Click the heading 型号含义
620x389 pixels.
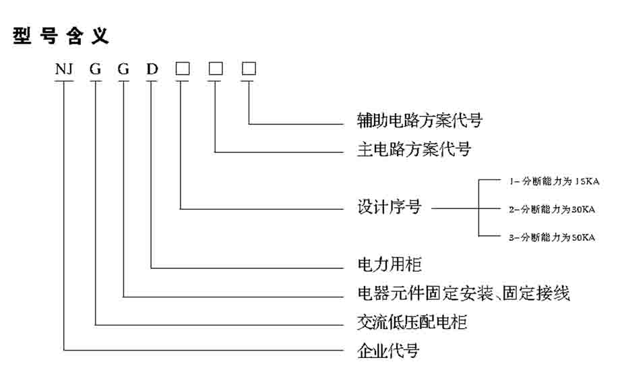pos(60,35)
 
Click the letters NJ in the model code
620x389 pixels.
pos(63,69)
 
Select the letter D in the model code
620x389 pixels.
pos(152,69)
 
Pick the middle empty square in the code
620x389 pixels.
pos(215,69)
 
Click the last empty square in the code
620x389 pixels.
pos(249,69)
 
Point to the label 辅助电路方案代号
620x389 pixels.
pos(420,121)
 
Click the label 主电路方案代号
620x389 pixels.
pos(413,149)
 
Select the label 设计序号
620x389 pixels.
pos(389,207)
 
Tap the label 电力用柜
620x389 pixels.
pos(389,264)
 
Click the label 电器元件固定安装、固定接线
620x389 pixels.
pos(464,293)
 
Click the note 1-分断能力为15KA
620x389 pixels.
pos(549,181)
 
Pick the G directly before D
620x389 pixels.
pos(123,69)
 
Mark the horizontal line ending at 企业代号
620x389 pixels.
pos(202,350)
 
